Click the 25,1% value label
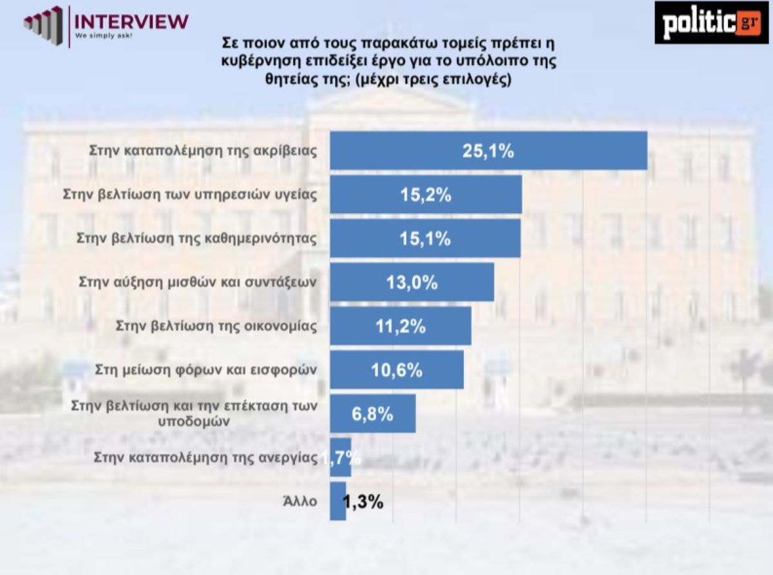click(x=488, y=151)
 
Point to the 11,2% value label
click(x=400, y=326)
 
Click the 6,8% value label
click(x=372, y=414)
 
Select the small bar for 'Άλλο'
click(x=338, y=502)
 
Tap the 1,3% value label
click(x=363, y=502)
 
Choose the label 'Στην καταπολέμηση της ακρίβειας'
click(x=202, y=151)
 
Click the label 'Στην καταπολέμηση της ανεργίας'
click(x=205, y=458)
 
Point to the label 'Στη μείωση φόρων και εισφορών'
click(x=205, y=370)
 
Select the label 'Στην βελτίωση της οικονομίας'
click(x=216, y=326)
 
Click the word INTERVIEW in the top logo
click(x=131, y=20)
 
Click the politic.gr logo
click(x=711, y=23)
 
